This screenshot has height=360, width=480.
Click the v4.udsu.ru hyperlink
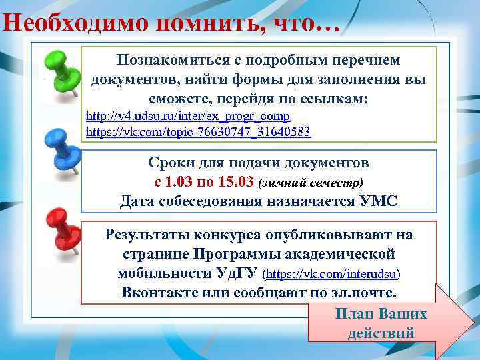coord(188,116)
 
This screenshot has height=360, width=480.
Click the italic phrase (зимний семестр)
coord(311,182)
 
